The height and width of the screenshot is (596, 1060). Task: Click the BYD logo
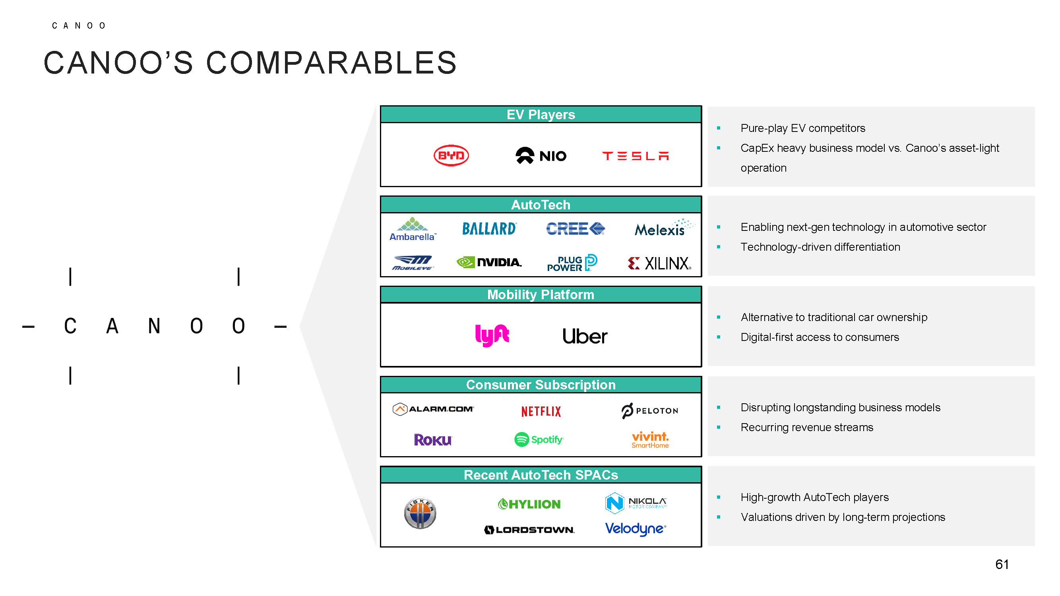point(451,155)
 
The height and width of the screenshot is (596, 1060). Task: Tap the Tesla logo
point(636,156)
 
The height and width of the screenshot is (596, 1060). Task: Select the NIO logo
point(541,155)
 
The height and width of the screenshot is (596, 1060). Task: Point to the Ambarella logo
point(413,229)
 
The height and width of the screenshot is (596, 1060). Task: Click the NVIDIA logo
point(489,262)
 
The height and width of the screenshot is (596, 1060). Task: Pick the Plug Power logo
point(572,263)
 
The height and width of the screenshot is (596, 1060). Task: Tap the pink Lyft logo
point(492,335)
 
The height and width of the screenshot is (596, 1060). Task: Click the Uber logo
point(585,336)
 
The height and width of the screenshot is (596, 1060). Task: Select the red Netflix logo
point(541,411)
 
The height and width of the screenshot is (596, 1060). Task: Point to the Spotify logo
point(539,439)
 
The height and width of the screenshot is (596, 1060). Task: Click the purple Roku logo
point(432,440)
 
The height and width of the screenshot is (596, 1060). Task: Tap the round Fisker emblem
point(420,513)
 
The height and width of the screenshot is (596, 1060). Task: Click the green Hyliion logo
point(529,504)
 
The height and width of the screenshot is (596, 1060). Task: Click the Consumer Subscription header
point(541,385)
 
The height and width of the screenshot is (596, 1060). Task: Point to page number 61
point(1002,564)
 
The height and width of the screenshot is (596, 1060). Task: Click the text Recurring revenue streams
point(806,428)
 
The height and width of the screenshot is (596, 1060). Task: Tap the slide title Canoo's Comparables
point(250,63)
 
